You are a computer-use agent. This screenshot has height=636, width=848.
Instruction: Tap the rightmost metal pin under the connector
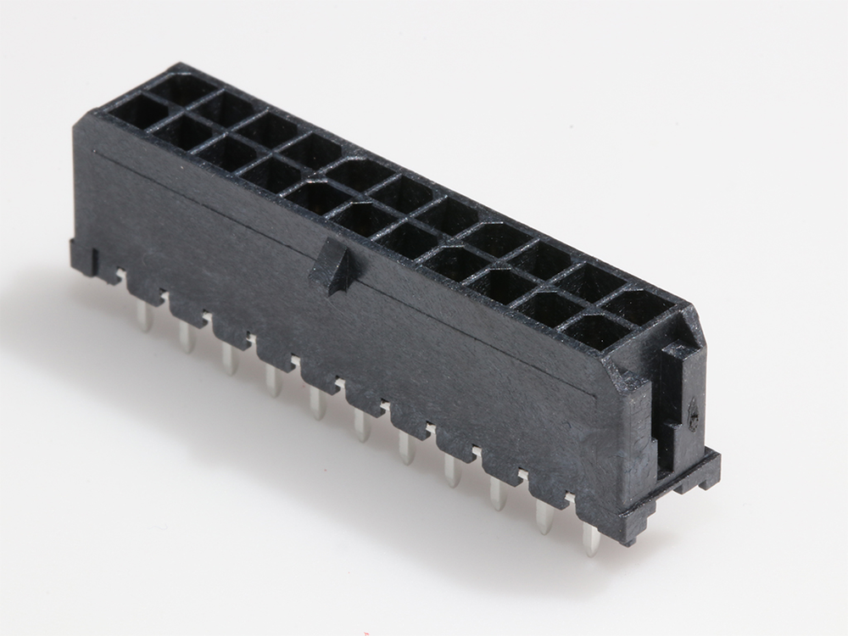click(x=590, y=538)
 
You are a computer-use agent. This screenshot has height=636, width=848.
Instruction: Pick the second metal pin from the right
click(x=544, y=516)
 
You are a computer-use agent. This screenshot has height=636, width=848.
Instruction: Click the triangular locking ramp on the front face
click(x=334, y=268)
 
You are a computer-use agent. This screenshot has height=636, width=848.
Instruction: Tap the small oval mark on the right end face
click(x=693, y=414)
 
